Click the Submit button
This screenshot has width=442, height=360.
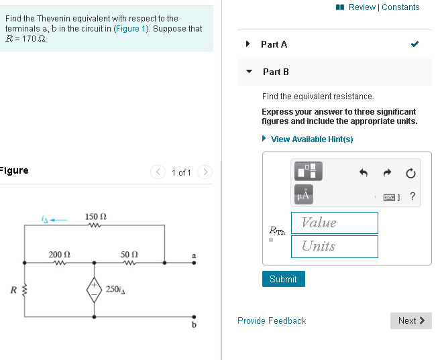(283, 279)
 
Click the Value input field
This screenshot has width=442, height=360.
(334, 223)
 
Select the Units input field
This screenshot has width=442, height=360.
(334, 246)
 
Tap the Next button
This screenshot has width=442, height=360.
(410, 320)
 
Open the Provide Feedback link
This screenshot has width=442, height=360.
(272, 320)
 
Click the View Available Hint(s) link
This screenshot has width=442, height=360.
(311, 139)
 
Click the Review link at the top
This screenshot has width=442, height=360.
(362, 7)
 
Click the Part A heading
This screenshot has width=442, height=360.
(274, 44)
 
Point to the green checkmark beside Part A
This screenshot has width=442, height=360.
(415, 44)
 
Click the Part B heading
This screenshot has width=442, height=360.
(276, 71)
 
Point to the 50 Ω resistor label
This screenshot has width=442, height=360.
(129, 254)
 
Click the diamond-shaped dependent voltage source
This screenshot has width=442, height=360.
(94, 290)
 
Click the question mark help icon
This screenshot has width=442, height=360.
(412, 196)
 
